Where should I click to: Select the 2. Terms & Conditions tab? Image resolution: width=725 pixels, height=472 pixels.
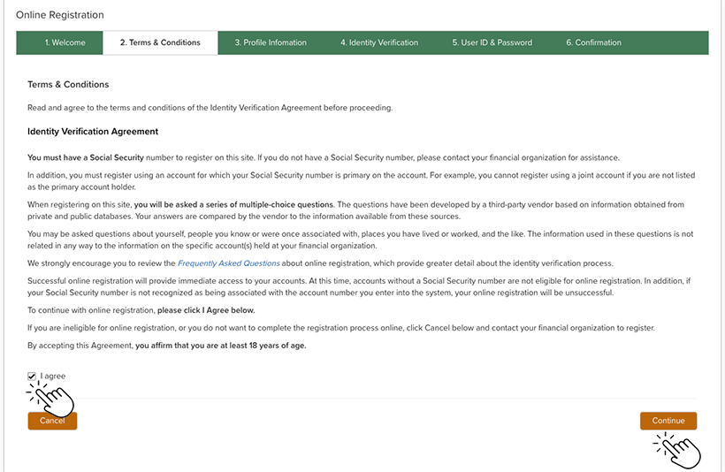coord(160,42)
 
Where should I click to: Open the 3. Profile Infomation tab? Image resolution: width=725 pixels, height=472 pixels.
coord(271,42)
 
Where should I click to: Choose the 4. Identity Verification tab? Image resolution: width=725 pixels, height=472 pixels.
coord(379,42)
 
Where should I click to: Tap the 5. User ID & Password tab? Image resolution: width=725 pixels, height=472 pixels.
coord(492,42)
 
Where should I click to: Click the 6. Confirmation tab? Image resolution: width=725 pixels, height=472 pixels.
coord(594,42)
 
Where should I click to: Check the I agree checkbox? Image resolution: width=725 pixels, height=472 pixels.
coord(33,377)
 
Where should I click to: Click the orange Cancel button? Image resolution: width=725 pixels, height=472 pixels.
coord(52,421)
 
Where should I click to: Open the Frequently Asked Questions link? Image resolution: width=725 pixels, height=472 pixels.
coord(228,263)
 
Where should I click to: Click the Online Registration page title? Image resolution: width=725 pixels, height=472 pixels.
coord(60,15)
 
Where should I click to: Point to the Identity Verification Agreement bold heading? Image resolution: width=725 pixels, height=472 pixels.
coord(93,132)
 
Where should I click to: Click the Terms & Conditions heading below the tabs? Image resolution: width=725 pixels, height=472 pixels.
coord(68,85)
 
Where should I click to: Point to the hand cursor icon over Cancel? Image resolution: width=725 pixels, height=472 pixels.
coord(53,399)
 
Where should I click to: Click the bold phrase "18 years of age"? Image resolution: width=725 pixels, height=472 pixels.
coord(275,345)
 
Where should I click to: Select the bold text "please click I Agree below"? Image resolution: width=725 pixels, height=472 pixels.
coord(206,311)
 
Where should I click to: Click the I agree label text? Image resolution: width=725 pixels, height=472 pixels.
coord(53,377)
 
